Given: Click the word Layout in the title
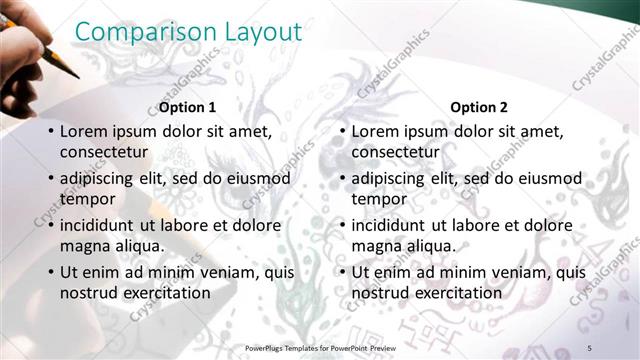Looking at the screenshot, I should [x=263, y=32].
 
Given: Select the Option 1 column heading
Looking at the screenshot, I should [x=188, y=107].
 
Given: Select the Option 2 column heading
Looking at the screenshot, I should [x=479, y=107].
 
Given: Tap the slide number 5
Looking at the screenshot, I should [x=590, y=346].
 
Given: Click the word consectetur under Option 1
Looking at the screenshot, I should [x=105, y=152].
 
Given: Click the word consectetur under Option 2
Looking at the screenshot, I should [x=396, y=152].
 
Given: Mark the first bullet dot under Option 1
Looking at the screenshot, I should [x=51, y=132].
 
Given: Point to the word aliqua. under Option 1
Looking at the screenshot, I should [x=136, y=246].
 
